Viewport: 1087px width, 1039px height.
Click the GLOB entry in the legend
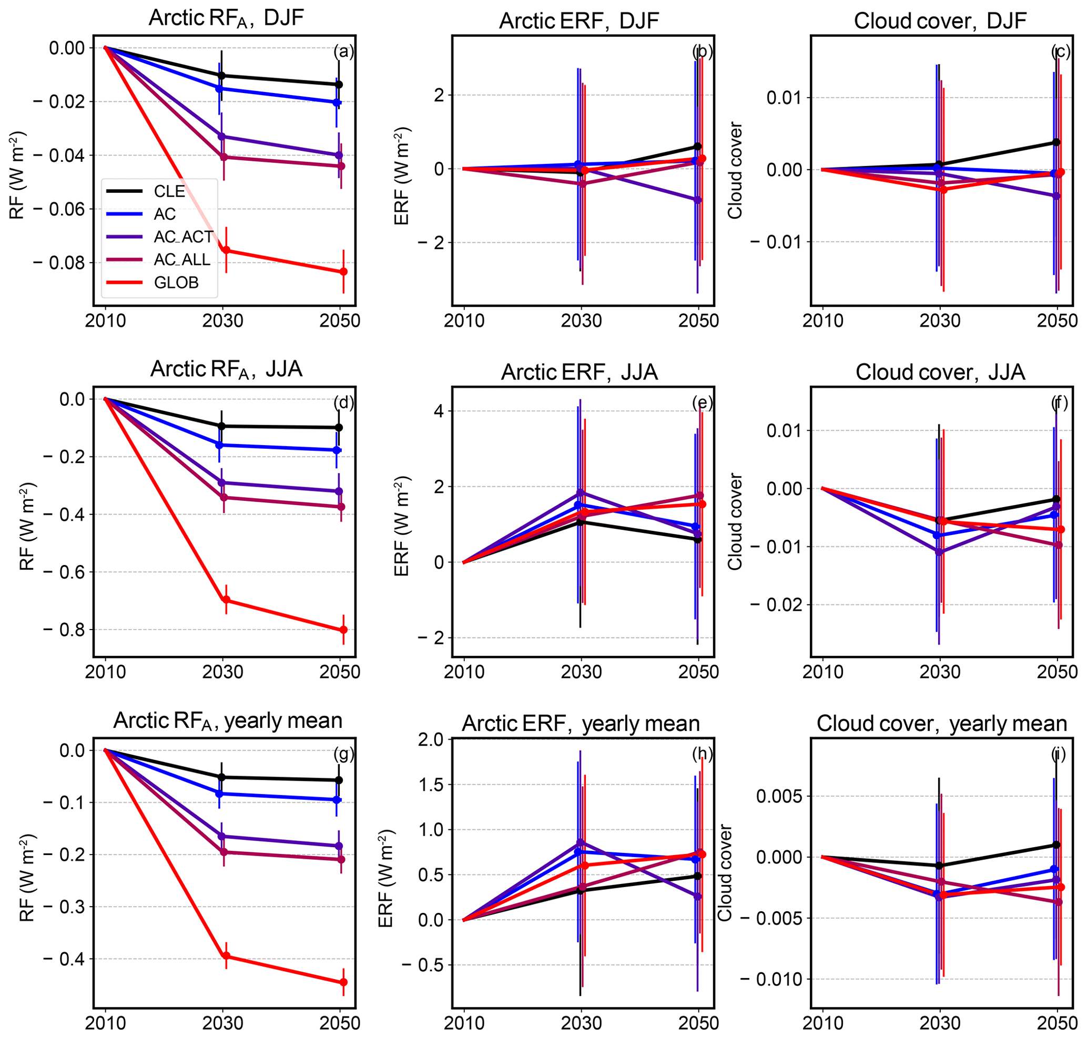pyautogui.click(x=176, y=282)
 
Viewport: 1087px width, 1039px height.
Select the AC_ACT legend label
pyautogui.click(x=183, y=237)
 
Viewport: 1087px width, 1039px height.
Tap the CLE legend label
pyautogui.click(x=169, y=191)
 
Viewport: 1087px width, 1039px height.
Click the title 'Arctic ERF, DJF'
pyautogui.click(x=578, y=21)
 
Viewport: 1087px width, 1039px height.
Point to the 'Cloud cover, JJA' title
pyautogui.click(x=940, y=372)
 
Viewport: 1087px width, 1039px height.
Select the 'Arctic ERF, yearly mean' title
pyautogui.click(x=581, y=723)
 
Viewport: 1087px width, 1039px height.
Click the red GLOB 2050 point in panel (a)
pyautogui.click(x=343, y=271)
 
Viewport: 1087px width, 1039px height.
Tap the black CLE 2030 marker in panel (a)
pyautogui.click(x=222, y=75)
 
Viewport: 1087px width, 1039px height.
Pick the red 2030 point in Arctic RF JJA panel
pyautogui.click(x=226, y=600)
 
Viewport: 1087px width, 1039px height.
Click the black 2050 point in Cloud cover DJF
pyautogui.click(x=1056, y=142)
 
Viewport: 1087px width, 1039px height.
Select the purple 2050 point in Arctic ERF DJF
pyautogui.click(x=698, y=200)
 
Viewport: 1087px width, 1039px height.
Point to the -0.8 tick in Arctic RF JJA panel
pyautogui.click(x=63, y=630)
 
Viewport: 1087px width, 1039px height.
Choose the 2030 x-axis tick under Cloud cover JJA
pyautogui.click(x=940, y=672)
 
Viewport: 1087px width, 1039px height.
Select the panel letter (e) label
pyautogui.click(x=702, y=403)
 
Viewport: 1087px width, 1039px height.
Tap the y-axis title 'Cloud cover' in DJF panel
pyautogui.click(x=735, y=171)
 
